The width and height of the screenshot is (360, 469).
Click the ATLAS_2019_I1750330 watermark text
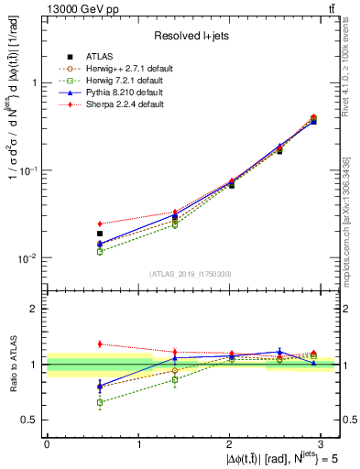coord(191,274)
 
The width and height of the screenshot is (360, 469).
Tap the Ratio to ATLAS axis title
coord(13,364)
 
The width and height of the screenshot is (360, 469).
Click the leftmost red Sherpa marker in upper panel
coord(100,224)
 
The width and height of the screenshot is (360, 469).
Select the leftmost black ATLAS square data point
coord(100,234)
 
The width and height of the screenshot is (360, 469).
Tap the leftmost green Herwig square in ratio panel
coord(100,402)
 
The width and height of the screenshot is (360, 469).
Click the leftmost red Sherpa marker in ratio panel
coord(100,344)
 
